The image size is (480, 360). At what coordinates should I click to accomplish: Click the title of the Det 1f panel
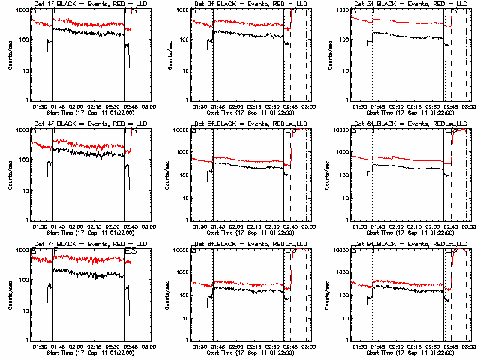click(91, 5)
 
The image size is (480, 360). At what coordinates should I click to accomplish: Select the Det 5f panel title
click(250, 125)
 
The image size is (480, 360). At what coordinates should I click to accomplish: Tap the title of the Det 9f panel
click(410, 245)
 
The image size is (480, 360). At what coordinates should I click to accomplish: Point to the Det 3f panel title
click(410, 5)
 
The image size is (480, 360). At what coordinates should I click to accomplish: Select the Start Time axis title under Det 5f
click(250, 230)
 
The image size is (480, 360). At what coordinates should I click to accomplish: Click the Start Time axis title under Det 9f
click(410, 350)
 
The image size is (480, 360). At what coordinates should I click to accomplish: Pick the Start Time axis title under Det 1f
click(91, 110)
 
